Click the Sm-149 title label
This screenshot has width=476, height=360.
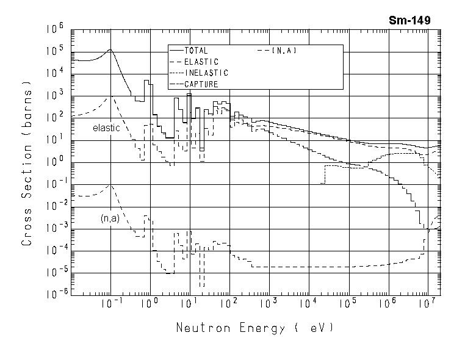point(409,20)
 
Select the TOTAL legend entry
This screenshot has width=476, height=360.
point(196,51)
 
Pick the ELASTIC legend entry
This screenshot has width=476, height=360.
point(200,62)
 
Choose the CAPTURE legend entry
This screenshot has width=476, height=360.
point(201,84)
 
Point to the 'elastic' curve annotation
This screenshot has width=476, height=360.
point(106,128)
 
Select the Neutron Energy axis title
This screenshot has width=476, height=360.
point(255,328)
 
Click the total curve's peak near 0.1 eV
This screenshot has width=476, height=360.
point(110,50)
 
